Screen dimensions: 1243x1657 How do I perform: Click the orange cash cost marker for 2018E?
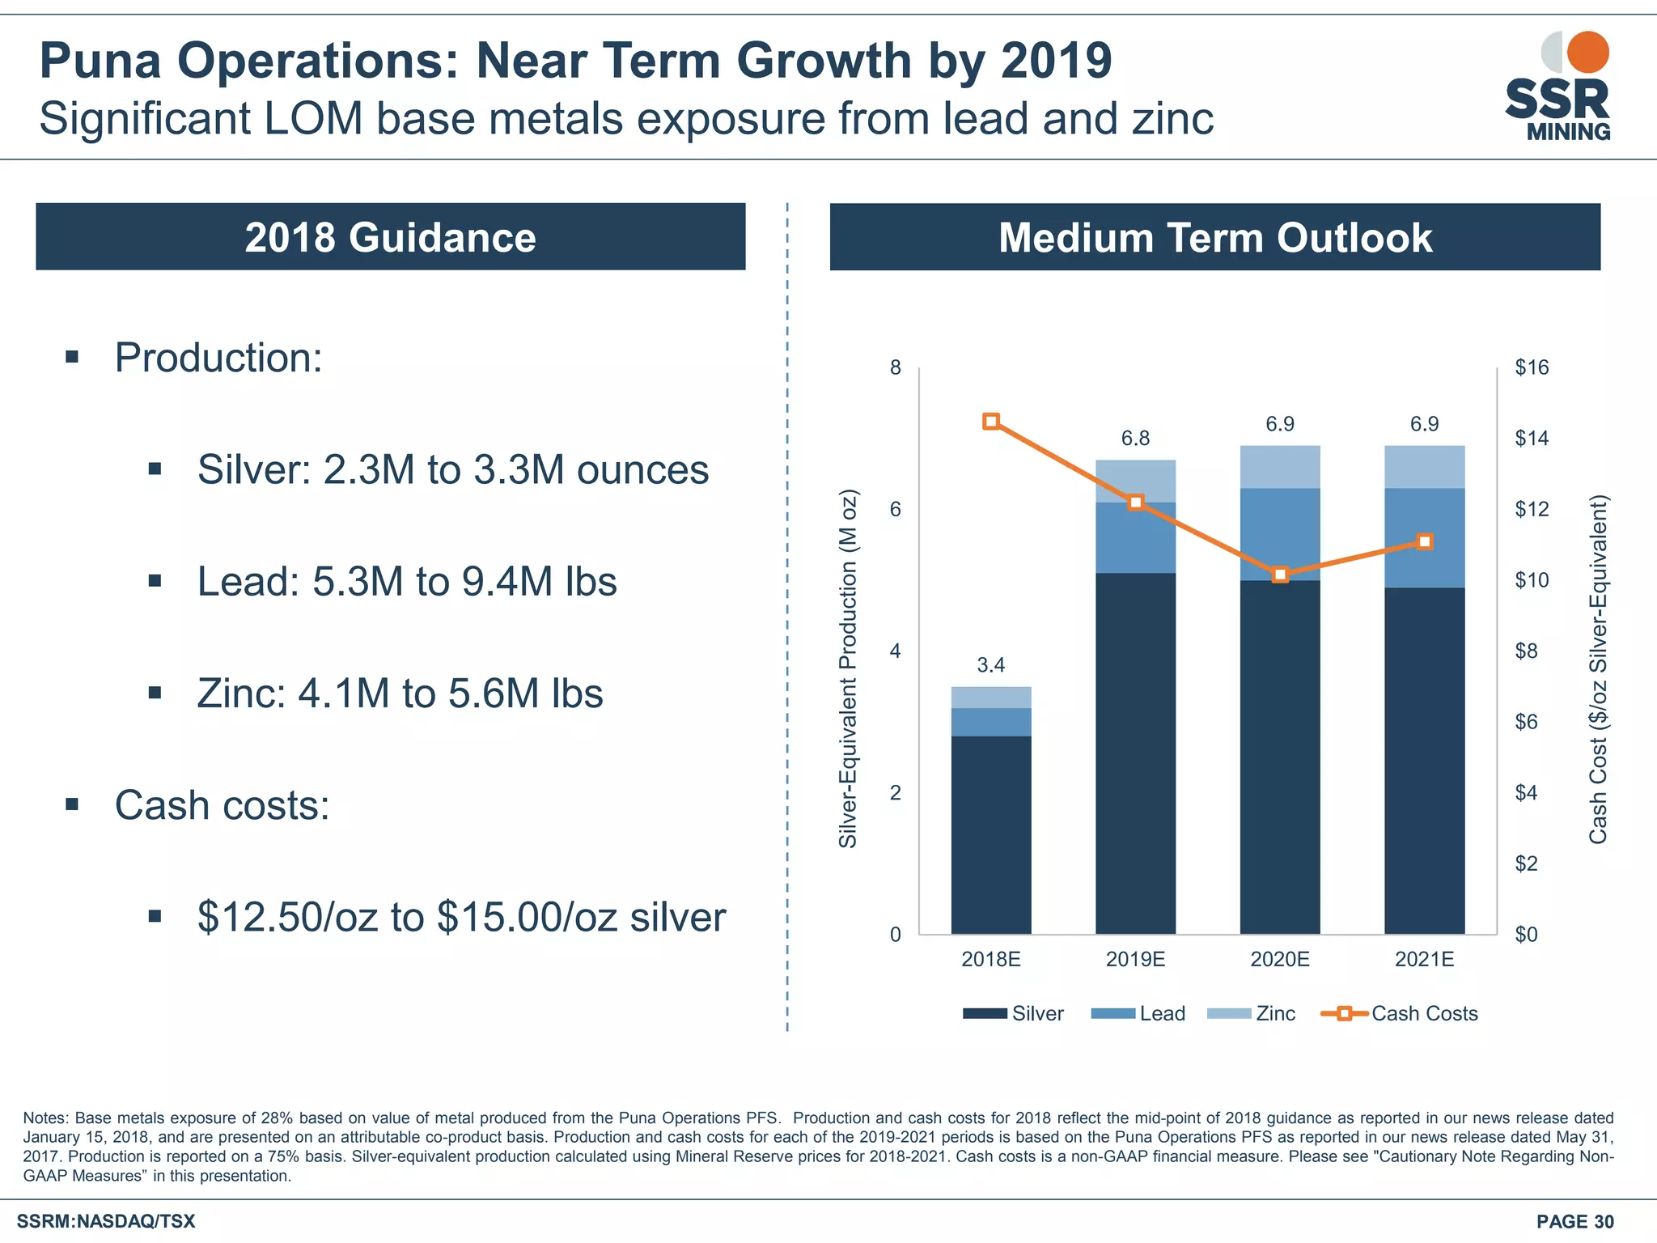[991, 422]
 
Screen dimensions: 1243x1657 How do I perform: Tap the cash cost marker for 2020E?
[1280, 575]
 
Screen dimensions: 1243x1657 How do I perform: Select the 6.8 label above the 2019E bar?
[1135, 439]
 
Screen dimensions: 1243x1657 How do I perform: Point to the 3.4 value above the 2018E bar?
[990, 665]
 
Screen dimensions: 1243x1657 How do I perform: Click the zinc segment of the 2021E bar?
[1424, 467]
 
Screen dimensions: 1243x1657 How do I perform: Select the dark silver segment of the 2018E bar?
[991, 834]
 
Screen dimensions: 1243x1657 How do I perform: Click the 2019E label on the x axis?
[1135, 960]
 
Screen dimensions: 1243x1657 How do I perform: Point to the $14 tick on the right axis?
[1531, 439]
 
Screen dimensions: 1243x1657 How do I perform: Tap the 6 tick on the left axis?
[895, 510]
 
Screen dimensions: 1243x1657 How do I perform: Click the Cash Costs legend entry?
[1400, 1014]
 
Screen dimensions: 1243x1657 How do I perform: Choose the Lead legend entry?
[1139, 1014]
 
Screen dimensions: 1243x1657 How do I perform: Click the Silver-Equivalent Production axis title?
[847, 668]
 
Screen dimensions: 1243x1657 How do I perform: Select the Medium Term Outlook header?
[1214, 237]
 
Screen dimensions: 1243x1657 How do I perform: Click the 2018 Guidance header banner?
[390, 237]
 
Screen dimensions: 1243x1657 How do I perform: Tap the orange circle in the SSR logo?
[1587, 52]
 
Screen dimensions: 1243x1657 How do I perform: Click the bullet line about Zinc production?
[400, 694]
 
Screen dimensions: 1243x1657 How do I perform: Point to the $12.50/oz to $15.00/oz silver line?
[461, 917]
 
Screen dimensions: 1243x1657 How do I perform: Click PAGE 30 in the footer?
[1574, 1221]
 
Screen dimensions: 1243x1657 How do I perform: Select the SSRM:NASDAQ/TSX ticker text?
[106, 1221]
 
